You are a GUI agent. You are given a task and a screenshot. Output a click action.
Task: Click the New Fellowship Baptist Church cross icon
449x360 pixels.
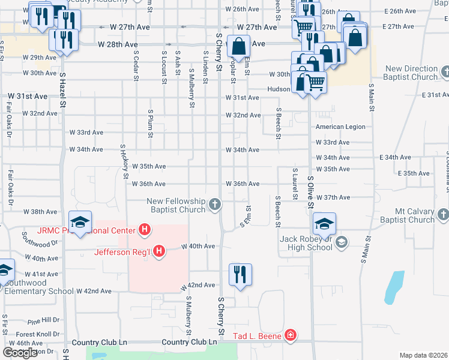(x=214, y=206)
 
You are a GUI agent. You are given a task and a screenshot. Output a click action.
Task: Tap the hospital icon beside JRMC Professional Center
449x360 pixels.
(x=144, y=229)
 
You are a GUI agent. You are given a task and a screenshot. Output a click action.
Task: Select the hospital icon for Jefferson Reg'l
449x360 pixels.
(x=159, y=251)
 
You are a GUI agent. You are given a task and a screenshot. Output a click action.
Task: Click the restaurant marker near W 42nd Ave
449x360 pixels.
(x=240, y=275)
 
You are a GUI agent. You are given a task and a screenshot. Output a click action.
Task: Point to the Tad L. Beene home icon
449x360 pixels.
(x=291, y=335)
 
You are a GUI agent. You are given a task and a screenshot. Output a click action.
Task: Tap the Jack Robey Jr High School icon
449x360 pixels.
(x=342, y=242)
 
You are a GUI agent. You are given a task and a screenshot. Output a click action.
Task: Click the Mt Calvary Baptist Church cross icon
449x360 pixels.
(x=443, y=214)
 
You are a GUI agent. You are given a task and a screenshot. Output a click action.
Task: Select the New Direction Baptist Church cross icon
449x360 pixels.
(x=445, y=72)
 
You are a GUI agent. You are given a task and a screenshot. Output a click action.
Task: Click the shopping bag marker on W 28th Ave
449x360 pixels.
(x=238, y=46)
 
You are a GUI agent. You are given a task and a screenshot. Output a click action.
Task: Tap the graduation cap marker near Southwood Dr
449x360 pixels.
(x=80, y=223)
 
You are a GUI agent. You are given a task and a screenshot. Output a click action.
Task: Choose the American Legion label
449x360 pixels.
(x=340, y=127)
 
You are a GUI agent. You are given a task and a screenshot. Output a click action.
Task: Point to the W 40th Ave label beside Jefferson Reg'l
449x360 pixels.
(x=198, y=246)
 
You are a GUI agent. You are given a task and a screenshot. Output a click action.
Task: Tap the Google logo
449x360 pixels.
(x=20, y=353)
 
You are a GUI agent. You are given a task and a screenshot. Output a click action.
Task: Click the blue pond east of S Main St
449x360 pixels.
(x=394, y=286)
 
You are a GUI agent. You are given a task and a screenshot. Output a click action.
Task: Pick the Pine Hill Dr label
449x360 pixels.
(x=43, y=320)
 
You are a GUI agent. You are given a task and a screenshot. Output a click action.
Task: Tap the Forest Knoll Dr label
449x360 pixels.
(x=38, y=334)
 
